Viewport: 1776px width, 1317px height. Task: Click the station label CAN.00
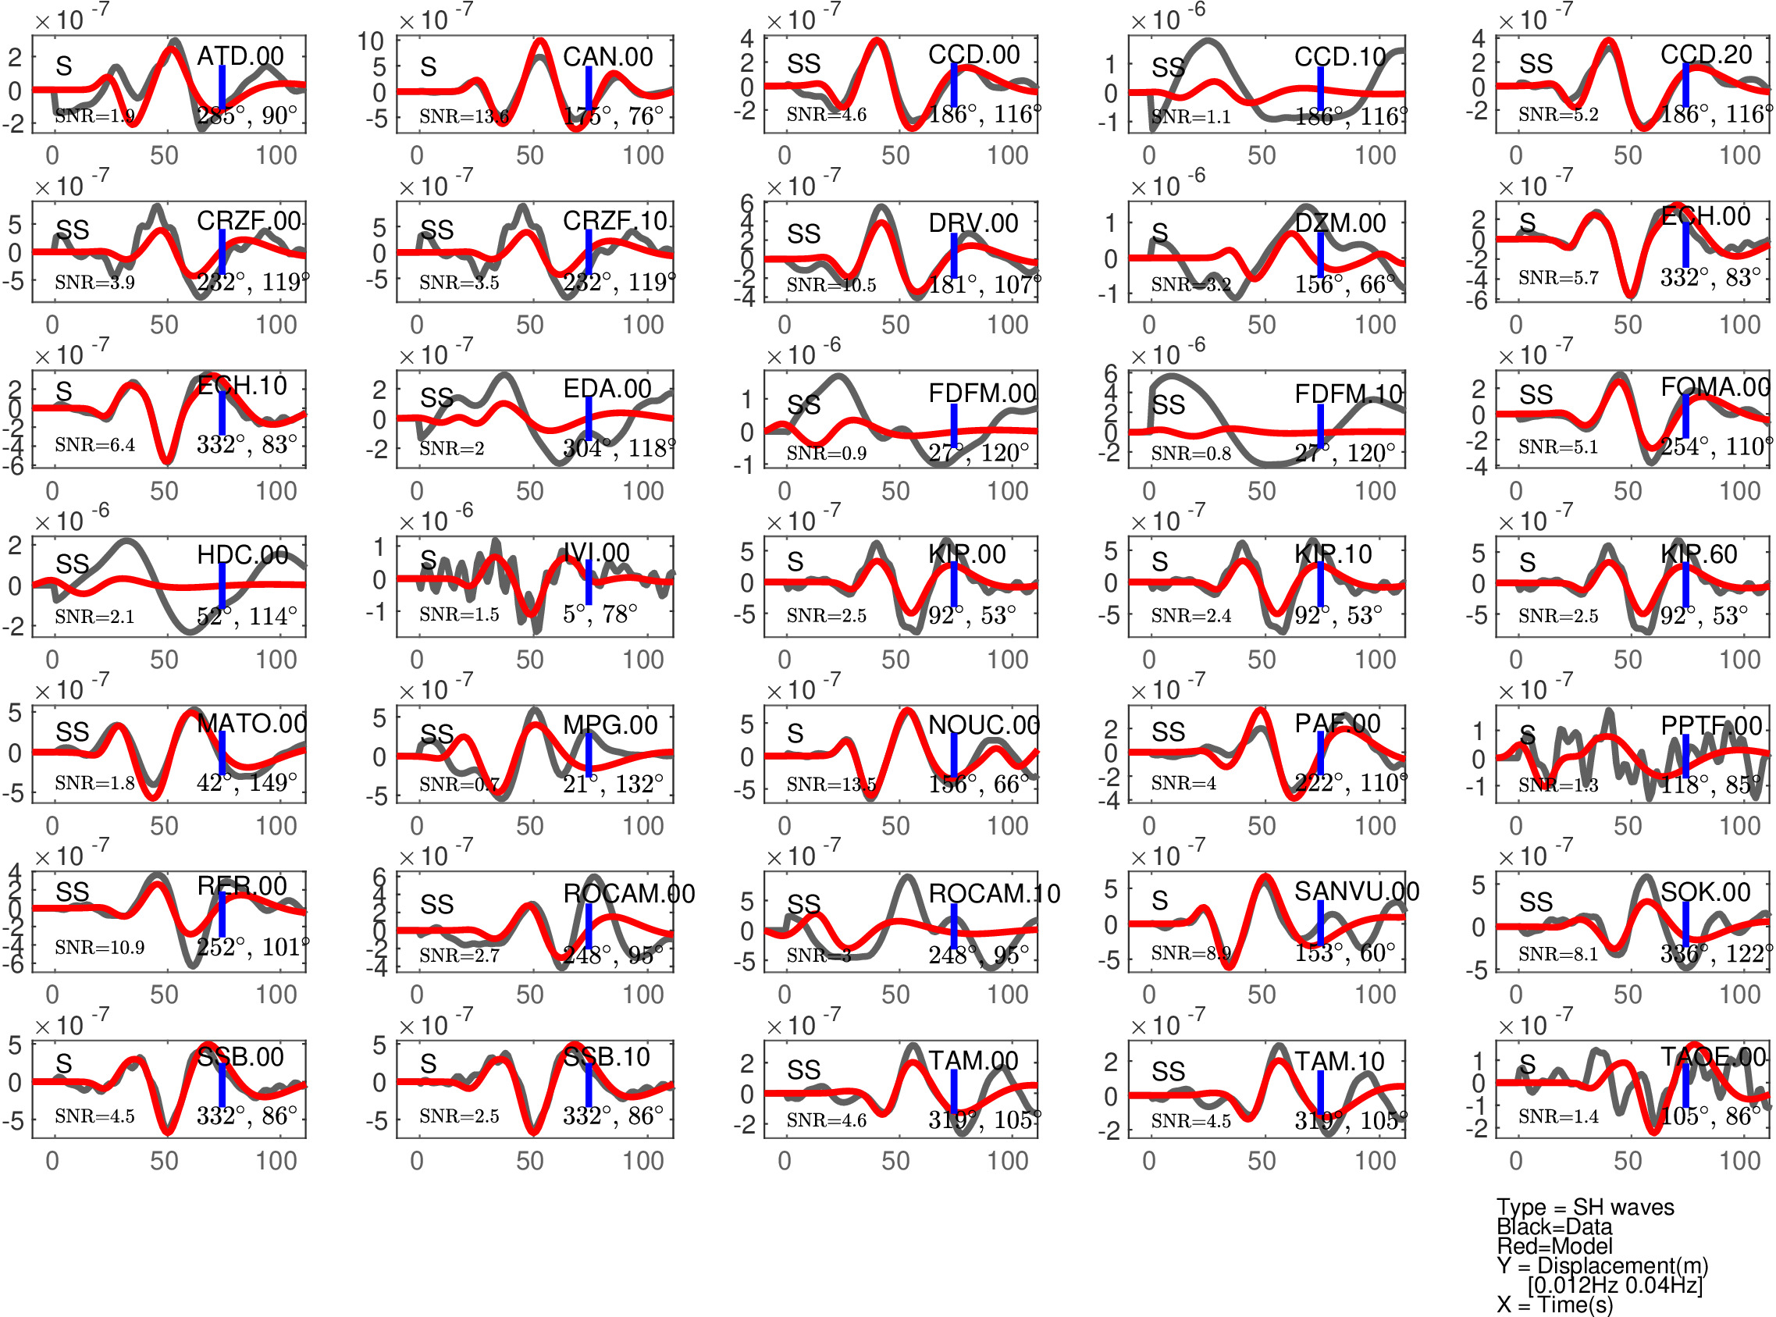point(607,57)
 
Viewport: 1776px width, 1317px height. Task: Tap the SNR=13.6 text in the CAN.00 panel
point(464,117)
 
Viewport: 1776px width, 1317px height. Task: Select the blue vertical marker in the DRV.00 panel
point(953,255)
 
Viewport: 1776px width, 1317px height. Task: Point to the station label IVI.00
point(596,553)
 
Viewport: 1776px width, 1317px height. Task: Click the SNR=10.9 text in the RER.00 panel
point(100,948)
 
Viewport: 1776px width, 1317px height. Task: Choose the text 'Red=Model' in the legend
point(1554,1246)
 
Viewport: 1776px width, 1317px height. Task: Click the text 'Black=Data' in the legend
point(1554,1227)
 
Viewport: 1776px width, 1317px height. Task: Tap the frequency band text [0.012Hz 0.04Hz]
point(1615,1285)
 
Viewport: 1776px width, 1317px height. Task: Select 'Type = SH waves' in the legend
point(1585,1207)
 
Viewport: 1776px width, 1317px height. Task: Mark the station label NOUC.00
point(984,724)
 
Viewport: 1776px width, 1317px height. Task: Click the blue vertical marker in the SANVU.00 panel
point(1320,923)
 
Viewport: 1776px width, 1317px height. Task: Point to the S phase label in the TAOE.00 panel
point(1526,1063)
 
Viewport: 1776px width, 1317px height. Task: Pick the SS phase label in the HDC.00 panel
point(73,564)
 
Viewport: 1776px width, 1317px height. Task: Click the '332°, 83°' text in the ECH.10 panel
point(247,445)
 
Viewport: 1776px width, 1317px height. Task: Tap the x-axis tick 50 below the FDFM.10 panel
point(1261,492)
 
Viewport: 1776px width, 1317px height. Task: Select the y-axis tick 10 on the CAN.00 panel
point(371,41)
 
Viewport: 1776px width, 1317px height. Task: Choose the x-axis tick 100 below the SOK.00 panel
point(1739,995)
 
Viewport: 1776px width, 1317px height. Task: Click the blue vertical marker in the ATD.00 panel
point(222,87)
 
